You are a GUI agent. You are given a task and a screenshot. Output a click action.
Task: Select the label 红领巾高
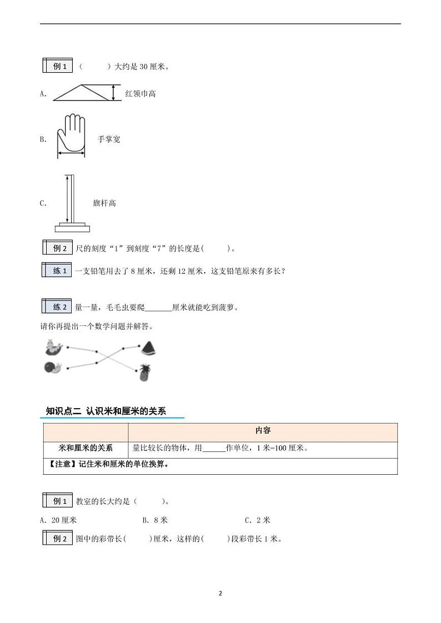tap(141, 94)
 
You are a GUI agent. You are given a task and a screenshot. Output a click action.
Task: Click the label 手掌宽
tap(109, 139)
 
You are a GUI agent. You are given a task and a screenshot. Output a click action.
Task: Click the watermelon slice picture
tap(148, 348)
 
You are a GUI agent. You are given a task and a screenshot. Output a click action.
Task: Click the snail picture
tap(53, 368)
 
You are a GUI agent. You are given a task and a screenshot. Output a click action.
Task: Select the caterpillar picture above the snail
tap(53, 347)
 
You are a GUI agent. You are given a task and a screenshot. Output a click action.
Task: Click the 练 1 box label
tap(57, 271)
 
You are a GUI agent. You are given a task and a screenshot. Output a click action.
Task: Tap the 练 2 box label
tap(57, 307)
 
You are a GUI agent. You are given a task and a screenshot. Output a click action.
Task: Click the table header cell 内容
tap(263, 431)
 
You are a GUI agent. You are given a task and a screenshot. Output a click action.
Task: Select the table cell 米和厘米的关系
tap(86, 448)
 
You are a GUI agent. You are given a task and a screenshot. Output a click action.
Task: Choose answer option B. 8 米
tap(155, 520)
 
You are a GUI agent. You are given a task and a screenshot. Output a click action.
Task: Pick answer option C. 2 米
tap(257, 520)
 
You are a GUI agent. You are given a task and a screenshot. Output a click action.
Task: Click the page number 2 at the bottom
tap(220, 593)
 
